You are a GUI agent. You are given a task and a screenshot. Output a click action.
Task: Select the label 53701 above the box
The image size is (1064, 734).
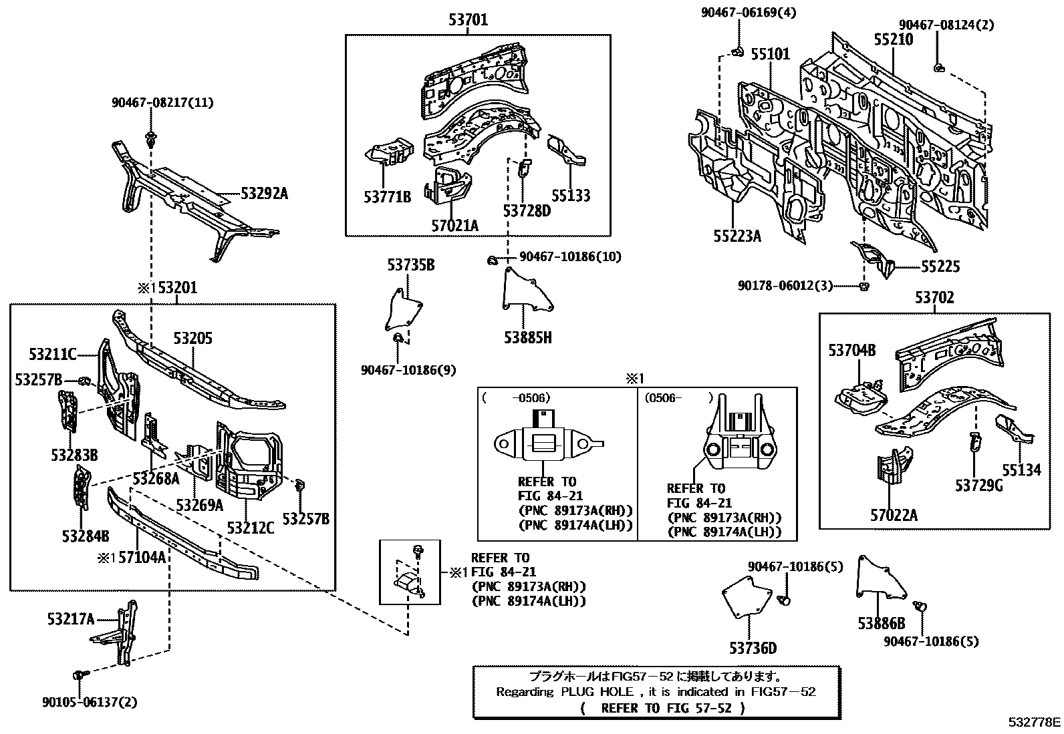click(x=468, y=20)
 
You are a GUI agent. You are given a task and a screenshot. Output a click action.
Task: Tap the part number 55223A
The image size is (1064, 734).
click(x=737, y=236)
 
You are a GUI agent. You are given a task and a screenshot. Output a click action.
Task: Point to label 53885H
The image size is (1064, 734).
click(x=528, y=337)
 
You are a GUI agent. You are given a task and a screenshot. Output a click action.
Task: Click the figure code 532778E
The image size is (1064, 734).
click(x=1035, y=722)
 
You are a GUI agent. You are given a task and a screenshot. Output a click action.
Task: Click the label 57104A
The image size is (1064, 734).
click(x=142, y=556)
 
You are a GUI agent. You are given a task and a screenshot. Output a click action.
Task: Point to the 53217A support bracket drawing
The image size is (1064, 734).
click(x=119, y=632)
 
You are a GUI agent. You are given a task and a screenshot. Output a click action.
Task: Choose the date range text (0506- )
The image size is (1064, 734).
click(x=680, y=398)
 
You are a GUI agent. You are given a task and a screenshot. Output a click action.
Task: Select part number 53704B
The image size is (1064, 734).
click(x=851, y=350)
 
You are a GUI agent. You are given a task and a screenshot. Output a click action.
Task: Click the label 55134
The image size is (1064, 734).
click(x=1020, y=470)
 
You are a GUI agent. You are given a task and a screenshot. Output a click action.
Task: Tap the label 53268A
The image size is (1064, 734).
click(x=156, y=478)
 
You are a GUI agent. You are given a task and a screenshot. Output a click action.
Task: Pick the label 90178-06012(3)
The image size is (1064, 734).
click(x=785, y=285)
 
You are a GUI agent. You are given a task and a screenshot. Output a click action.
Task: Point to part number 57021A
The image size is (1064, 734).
click(x=454, y=226)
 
